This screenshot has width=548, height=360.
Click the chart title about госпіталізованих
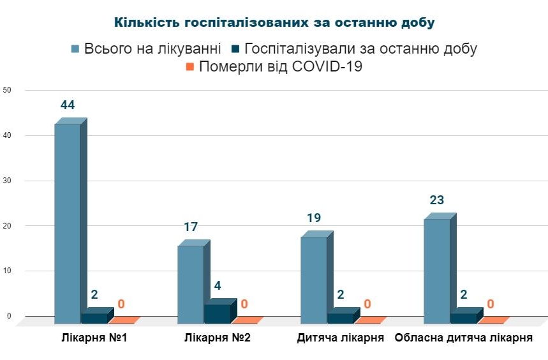pyautogui.click(x=274, y=22)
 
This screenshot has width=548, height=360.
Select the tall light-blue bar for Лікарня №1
pyautogui.click(x=68, y=223)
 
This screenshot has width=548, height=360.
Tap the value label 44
pyautogui.click(x=68, y=105)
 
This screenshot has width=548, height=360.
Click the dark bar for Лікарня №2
pyautogui.click(x=217, y=313)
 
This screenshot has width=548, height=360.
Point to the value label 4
pyautogui.click(x=217, y=286)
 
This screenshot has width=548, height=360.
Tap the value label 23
pyautogui.click(x=437, y=200)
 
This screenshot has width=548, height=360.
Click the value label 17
pyautogui.click(x=191, y=227)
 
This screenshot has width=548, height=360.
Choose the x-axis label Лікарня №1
pyautogui.click(x=94, y=338)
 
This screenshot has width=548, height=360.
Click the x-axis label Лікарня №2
pyautogui.click(x=217, y=338)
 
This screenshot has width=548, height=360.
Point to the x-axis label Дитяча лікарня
pyautogui.click(x=340, y=338)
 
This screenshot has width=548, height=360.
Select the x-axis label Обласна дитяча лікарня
pyautogui.click(x=464, y=338)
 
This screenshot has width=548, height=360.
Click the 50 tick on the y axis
pyautogui.click(x=7, y=90)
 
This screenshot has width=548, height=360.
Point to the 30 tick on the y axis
pyautogui.click(x=7, y=181)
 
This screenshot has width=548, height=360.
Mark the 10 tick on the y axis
pyautogui.click(x=7, y=271)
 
